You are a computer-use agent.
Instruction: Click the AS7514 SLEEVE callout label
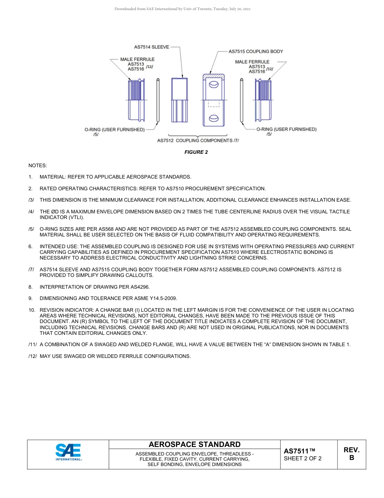(x=152, y=47)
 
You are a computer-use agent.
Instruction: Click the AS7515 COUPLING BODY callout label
(x=256, y=51)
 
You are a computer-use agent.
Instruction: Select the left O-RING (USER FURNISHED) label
(x=114, y=130)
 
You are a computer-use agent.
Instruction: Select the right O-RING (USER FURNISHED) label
(x=287, y=129)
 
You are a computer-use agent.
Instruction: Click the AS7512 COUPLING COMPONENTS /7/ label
(x=198, y=140)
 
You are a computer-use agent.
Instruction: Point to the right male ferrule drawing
(x=264, y=100)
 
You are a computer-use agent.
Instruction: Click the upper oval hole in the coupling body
(x=213, y=85)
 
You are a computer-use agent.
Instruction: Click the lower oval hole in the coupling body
(x=213, y=118)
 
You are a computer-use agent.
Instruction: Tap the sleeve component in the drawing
(x=179, y=100)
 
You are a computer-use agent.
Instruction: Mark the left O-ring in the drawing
(x=158, y=100)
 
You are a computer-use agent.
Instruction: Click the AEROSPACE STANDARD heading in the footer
(x=194, y=445)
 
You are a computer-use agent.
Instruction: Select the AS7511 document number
(x=299, y=451)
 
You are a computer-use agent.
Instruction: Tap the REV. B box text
(x=351, y=454)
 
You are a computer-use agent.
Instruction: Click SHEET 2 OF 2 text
(x=302, y=459)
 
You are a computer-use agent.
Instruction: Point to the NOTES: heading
(x=38, y=166)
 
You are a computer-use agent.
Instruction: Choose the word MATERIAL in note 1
(x=53, y=177)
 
